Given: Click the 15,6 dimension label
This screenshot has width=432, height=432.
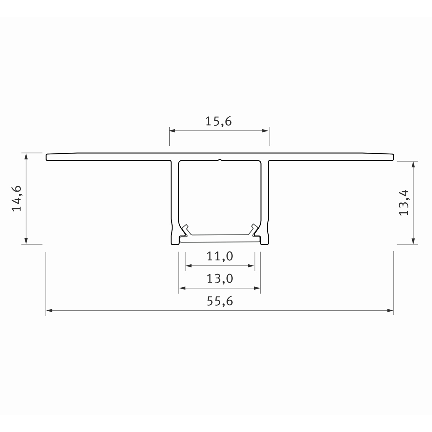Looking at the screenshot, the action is [x=218, y=121].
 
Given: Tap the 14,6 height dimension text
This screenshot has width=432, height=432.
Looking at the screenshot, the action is [x=17, y=198].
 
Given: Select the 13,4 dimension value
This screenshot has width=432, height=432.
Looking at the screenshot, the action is [x=404, y=202].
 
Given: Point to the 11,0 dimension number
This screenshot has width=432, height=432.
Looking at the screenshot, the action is [x=220, y=256].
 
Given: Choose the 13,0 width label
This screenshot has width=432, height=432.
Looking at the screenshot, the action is [x=220, y=278].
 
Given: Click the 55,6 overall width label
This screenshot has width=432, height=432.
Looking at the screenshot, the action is [x=220, y=301].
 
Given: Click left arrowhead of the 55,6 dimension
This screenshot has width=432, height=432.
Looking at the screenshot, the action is [x=49, y=310].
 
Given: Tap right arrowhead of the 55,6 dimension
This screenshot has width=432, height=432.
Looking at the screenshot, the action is [x=390, y=310].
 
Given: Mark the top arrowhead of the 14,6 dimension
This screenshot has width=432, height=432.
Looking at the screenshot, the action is [x=26, y=156].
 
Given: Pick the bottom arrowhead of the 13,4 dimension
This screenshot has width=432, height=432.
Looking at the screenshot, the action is [x=413, y=241].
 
